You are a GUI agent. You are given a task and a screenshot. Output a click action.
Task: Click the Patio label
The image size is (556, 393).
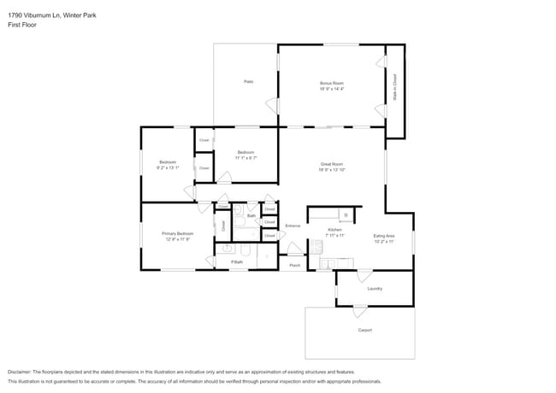point(248,81)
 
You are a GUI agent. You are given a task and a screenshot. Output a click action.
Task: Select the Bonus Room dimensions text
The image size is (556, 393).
point(331,89)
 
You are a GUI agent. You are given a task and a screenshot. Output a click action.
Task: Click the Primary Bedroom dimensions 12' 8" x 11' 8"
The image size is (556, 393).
point(178,239)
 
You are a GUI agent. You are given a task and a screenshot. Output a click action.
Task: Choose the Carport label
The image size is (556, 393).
point(365,330)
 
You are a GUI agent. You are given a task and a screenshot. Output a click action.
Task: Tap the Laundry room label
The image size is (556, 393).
point(375,289)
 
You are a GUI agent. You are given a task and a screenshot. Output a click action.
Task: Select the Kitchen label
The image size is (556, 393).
point(334,230)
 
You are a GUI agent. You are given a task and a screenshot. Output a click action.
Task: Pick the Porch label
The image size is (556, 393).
point(294,266)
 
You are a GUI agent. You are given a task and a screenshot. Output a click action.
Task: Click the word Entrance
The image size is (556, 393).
point(293,226)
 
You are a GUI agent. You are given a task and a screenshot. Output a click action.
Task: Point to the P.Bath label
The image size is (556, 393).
point(236,262)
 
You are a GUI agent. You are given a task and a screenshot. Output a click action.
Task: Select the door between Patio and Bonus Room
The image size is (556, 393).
point(273,105)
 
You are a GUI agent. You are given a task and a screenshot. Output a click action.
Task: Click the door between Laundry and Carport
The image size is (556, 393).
point(358,309)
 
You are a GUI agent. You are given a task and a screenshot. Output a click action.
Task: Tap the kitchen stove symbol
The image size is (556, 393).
point(346,214)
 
